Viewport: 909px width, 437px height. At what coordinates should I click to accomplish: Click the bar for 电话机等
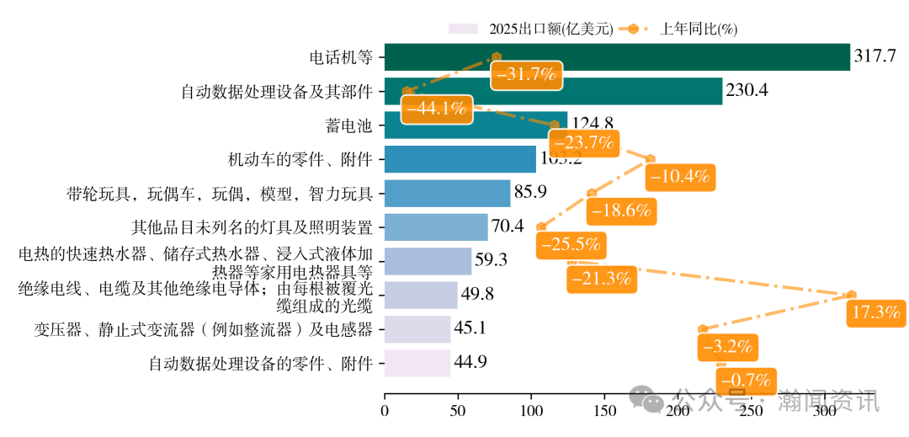point(617,57)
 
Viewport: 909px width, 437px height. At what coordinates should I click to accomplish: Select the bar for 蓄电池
point(476,125)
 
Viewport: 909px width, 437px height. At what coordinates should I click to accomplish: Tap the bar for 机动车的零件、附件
point(460,159)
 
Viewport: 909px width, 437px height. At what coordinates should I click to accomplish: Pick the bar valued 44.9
point(417,363)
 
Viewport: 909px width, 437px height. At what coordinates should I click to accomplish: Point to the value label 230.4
point(747,90)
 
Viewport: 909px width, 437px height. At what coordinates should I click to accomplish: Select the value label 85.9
point(530,192)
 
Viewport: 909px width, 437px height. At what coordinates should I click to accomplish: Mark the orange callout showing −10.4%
point(682,177)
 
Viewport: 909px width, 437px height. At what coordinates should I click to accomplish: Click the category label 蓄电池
point(348,126)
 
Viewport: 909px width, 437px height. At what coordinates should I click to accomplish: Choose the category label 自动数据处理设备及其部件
point(277,92)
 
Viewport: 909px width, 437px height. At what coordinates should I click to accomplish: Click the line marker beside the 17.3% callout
point(851,295)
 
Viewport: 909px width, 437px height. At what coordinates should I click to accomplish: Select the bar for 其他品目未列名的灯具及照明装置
point(436,227)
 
